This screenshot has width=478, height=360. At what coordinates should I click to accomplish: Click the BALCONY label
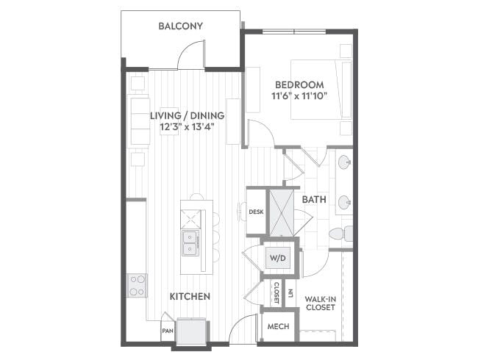(x=180, y=26)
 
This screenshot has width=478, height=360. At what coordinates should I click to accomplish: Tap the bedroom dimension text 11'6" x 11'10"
(x=299, y=96)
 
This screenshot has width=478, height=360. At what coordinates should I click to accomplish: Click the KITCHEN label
(x=190, y=296)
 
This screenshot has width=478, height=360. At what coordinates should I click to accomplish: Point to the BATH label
(x=314, y=200)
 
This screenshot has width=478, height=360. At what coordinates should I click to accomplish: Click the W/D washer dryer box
(x=278, y=258)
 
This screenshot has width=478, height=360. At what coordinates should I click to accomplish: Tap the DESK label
(x=256, y=212)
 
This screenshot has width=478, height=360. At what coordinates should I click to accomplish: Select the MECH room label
(x=278, y=326)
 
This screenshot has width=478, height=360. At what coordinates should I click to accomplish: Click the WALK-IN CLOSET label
(x=321, y=303)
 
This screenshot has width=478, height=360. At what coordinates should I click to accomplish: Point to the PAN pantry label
(x=168, y=331)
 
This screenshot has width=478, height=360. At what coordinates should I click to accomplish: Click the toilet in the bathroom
(x=340, y=234)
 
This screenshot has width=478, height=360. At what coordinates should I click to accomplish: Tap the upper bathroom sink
(x=344, y=162)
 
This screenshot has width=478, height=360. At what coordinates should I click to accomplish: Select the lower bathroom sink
(x=344, y=202)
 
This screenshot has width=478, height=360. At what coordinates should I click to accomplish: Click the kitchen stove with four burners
(x=137, y=285)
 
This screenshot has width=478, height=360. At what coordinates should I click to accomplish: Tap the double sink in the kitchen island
(x=191, y=242)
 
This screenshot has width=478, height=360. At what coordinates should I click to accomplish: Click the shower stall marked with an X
(x=282, y=213)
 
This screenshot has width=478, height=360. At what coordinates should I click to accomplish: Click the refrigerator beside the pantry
(x=191, y=331)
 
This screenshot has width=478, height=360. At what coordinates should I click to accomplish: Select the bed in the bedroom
(x=321, y=89)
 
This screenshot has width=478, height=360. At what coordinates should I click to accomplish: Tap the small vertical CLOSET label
(x=277, y=292)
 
